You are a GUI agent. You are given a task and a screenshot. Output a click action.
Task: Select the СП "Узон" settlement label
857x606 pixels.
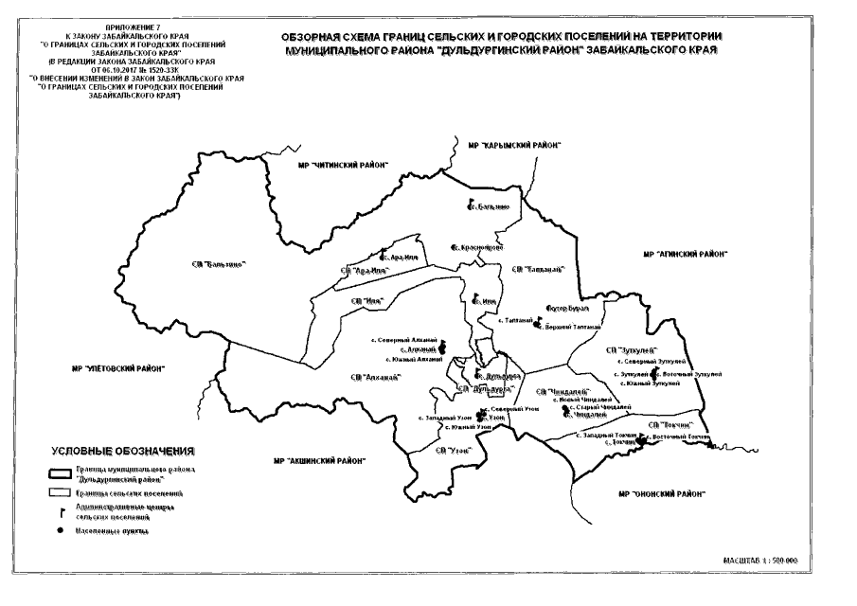click(461, 449)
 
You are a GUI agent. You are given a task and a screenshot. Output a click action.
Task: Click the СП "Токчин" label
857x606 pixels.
click(672, 423)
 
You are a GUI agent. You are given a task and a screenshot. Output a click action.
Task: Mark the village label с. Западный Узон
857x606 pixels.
click(444, 418)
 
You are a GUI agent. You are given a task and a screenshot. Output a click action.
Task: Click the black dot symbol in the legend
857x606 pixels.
click(62, 531)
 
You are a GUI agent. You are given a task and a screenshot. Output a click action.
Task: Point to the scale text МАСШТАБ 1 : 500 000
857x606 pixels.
click(759, 561)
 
